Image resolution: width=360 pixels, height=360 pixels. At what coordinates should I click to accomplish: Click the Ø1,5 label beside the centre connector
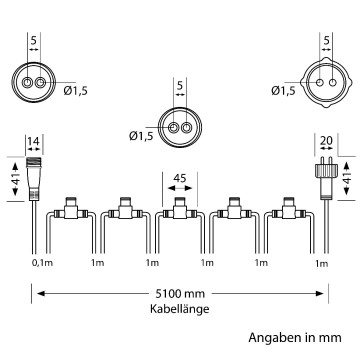point(140,136)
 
